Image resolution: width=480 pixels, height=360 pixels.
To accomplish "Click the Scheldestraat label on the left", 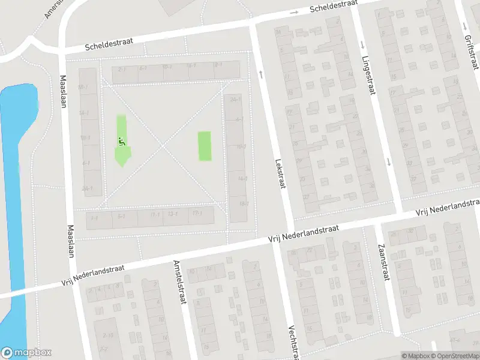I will (x=108, y=44).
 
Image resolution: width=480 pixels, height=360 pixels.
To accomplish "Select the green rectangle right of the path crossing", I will (x=205, y=146).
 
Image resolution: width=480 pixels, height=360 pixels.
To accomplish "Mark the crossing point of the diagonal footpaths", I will (x=163, y=145).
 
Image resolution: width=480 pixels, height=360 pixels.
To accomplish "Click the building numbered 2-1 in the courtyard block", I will (x=124, y=70).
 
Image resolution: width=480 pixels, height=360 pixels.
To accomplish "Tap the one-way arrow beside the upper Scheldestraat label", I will (x=294, y=13).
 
